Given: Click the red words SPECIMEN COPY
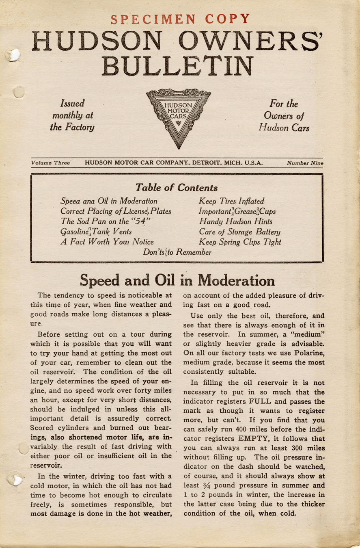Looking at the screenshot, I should tap(180, 19).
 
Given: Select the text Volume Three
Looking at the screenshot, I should tap(50, 163).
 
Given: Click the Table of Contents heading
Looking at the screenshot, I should tap(176, 188).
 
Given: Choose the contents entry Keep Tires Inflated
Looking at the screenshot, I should tap(231, 201).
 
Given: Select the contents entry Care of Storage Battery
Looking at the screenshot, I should tap(239, 232).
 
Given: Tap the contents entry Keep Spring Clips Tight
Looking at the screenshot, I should tap(240, 242).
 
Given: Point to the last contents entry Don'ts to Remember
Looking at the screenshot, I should tap(177, 252).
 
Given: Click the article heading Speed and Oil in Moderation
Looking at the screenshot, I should tap(177, 280).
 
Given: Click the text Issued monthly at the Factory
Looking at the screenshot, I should tap(73, 115).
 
